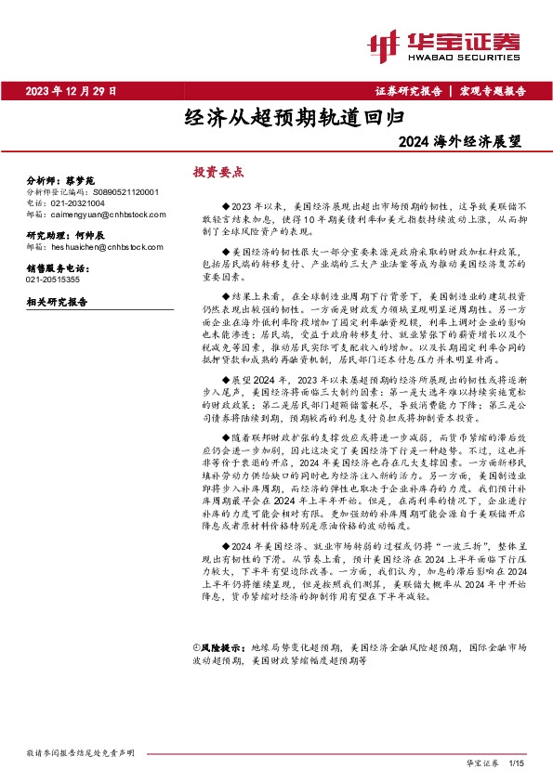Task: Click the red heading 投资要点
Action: click(x=217, y=172)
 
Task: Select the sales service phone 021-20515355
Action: click(x=53, y=279)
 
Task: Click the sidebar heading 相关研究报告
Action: click(x=57, y=302)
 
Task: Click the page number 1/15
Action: click(x=518, y=761)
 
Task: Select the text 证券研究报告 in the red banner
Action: click(x=409, y=91)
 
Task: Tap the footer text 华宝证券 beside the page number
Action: click(x=481, y=761)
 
